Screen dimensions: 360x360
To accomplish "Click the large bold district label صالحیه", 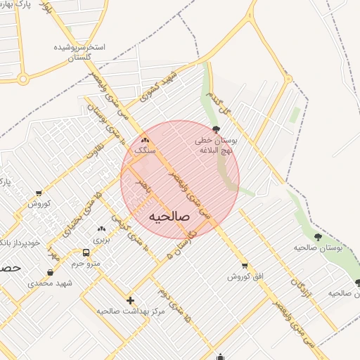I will (x=169, y=217).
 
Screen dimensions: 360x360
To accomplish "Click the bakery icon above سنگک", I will (x=145, y=141).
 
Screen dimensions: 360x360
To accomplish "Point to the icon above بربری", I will (x=101, y=229).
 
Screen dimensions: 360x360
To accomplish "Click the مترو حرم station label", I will (x=86, y=264).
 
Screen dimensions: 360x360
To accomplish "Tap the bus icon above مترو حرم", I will (x=86, y=252).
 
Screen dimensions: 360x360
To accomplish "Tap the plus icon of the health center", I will (x=130, y=300).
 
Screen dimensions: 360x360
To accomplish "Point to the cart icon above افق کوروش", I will (x=245, y=266).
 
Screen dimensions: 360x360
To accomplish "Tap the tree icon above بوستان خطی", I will (x=215, y=129).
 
